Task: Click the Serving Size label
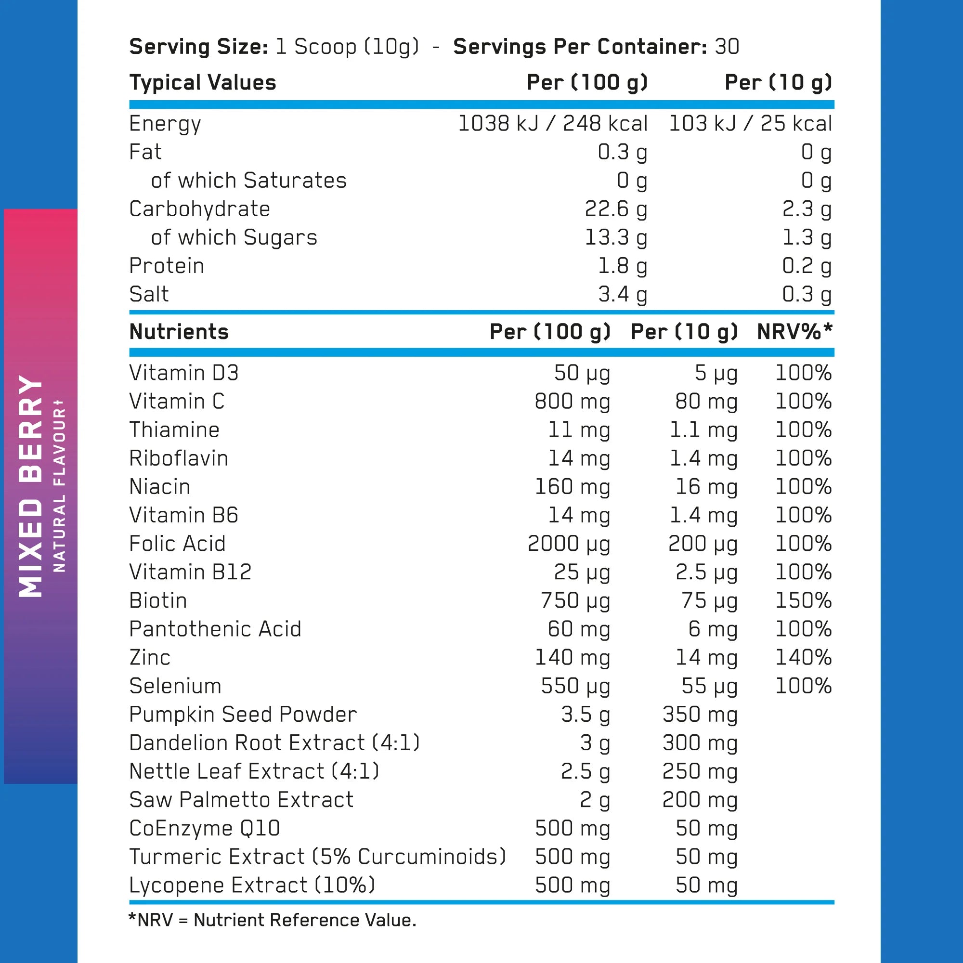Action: point(198,47)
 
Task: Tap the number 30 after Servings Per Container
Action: point(727,47)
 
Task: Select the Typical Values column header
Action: point(202,83)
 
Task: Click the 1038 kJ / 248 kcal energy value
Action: point(552,124)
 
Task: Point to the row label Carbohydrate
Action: point(199,209)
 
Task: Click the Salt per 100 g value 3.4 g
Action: point(623,295)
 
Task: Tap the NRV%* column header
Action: point(794,332)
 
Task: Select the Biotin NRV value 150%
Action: point(803,600)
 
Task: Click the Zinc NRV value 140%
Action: point(803,657)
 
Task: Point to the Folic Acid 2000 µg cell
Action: point(569,544)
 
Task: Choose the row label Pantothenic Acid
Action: point(215,629)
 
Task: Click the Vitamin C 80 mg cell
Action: point(706,401)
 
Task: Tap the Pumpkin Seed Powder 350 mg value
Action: point(699,714)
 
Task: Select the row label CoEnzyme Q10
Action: point(204,828)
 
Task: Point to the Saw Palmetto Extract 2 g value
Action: point(595,800)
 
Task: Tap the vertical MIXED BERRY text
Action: point(31,486)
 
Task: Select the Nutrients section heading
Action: point(179,332)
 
